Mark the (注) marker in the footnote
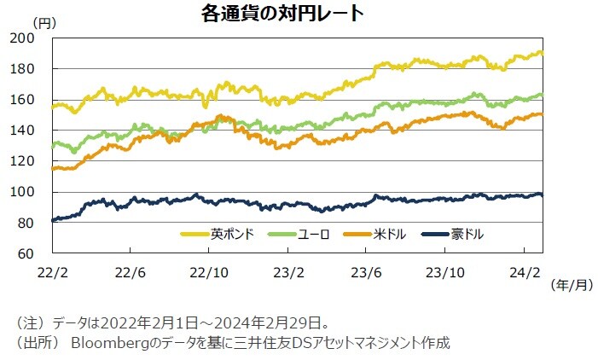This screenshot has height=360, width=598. (30, 323)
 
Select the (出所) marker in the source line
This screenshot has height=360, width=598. (36, 343)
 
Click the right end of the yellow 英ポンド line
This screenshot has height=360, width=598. (543, 53)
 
